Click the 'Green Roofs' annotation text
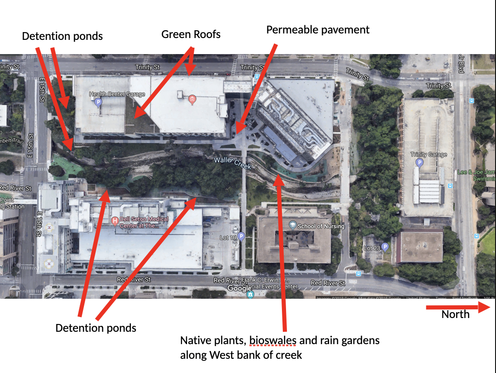(x=191, y=34)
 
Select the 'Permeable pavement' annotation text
(x=318, y=30)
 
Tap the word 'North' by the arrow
(x=455, y=314)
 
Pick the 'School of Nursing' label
(x=321, y=226)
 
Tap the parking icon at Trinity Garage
(x=419, y=163)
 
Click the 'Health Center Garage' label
(x=117, y=94)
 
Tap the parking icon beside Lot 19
(x=241, y=236)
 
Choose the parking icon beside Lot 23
(x=385, y=247)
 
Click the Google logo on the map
(x=239, y=288)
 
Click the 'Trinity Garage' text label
(x=428, y=155)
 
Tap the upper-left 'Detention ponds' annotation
(x=62, y=36)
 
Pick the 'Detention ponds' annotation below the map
(x=96, y=328)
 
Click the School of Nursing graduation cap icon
(x=292, y=225)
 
